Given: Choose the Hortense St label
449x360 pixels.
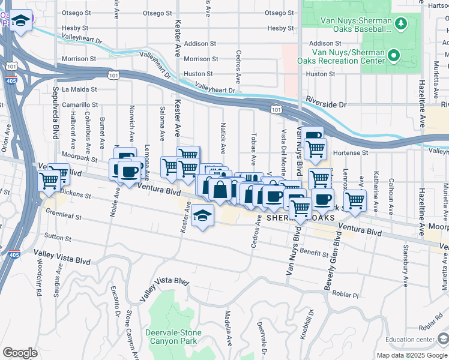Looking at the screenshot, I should click(x=350, y=153).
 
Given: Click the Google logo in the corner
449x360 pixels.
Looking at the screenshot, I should click(x=20, y=353).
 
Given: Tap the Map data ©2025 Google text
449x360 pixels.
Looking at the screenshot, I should click(x=412, y=355).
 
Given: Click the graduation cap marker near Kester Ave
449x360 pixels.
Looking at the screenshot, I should click(x=203, y=215).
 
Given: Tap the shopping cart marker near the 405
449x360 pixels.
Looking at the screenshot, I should click(x=49, y=180).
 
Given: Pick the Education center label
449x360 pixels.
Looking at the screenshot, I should click(x=410, y=340).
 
